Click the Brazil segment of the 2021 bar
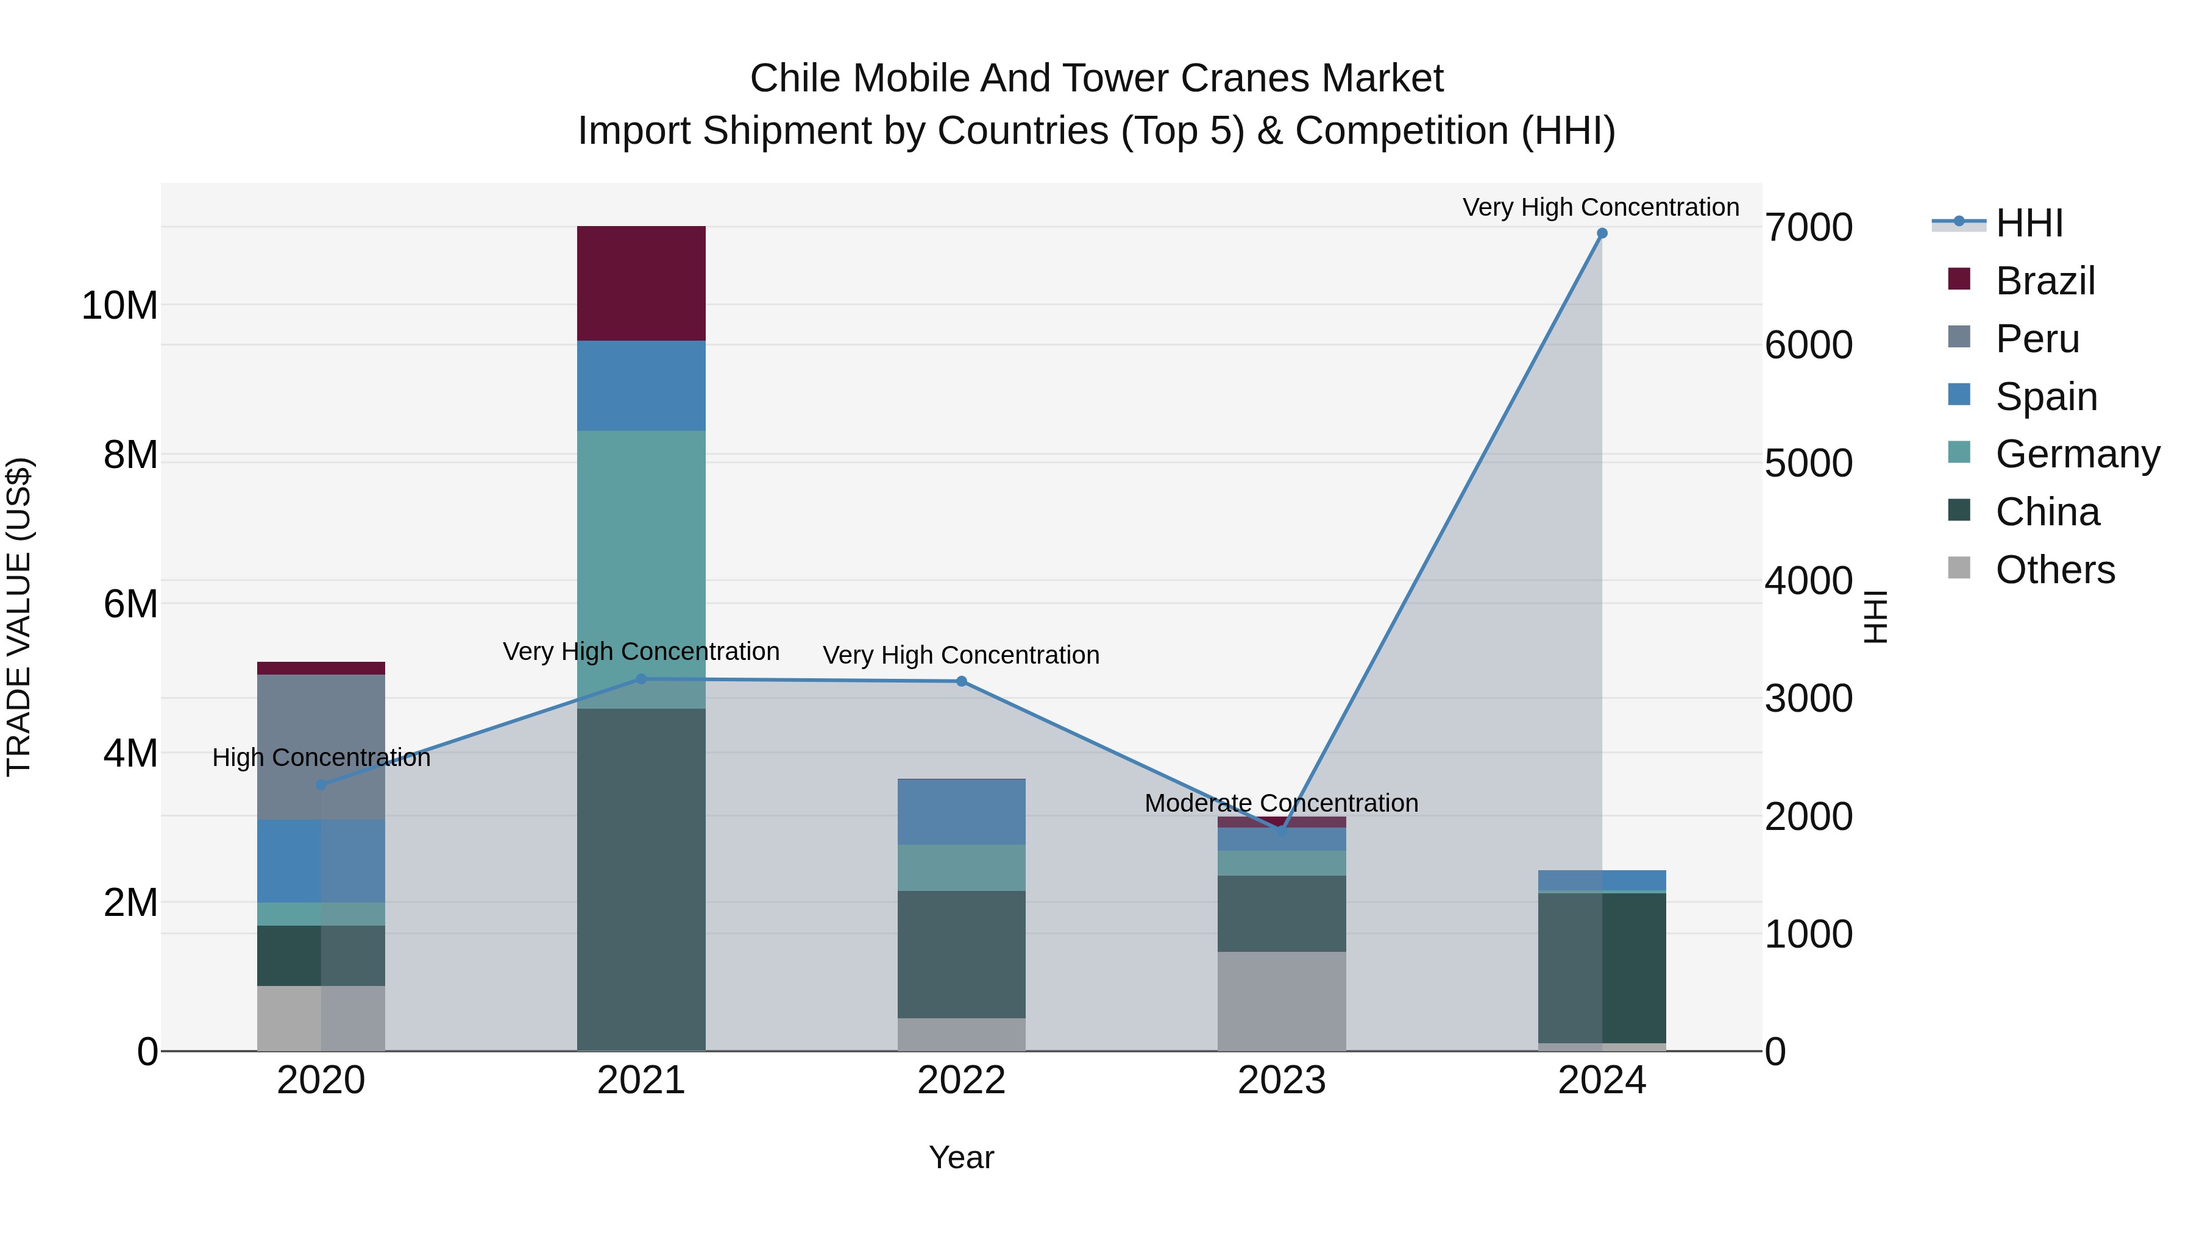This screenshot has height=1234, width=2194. coord(641,283)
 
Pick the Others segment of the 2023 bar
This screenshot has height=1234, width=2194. coord(1281,1001)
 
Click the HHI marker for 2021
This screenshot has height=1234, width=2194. coord(641,679)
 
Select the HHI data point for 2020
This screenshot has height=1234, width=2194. coord(321,784)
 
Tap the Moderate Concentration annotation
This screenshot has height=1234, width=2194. coord(1281,803)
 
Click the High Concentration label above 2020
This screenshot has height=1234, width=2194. coord(321,757)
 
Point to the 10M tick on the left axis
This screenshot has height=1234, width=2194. coord(119,305)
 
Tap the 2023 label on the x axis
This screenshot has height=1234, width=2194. coord(1281,1080)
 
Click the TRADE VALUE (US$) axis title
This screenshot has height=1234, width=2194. coord(19,617)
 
